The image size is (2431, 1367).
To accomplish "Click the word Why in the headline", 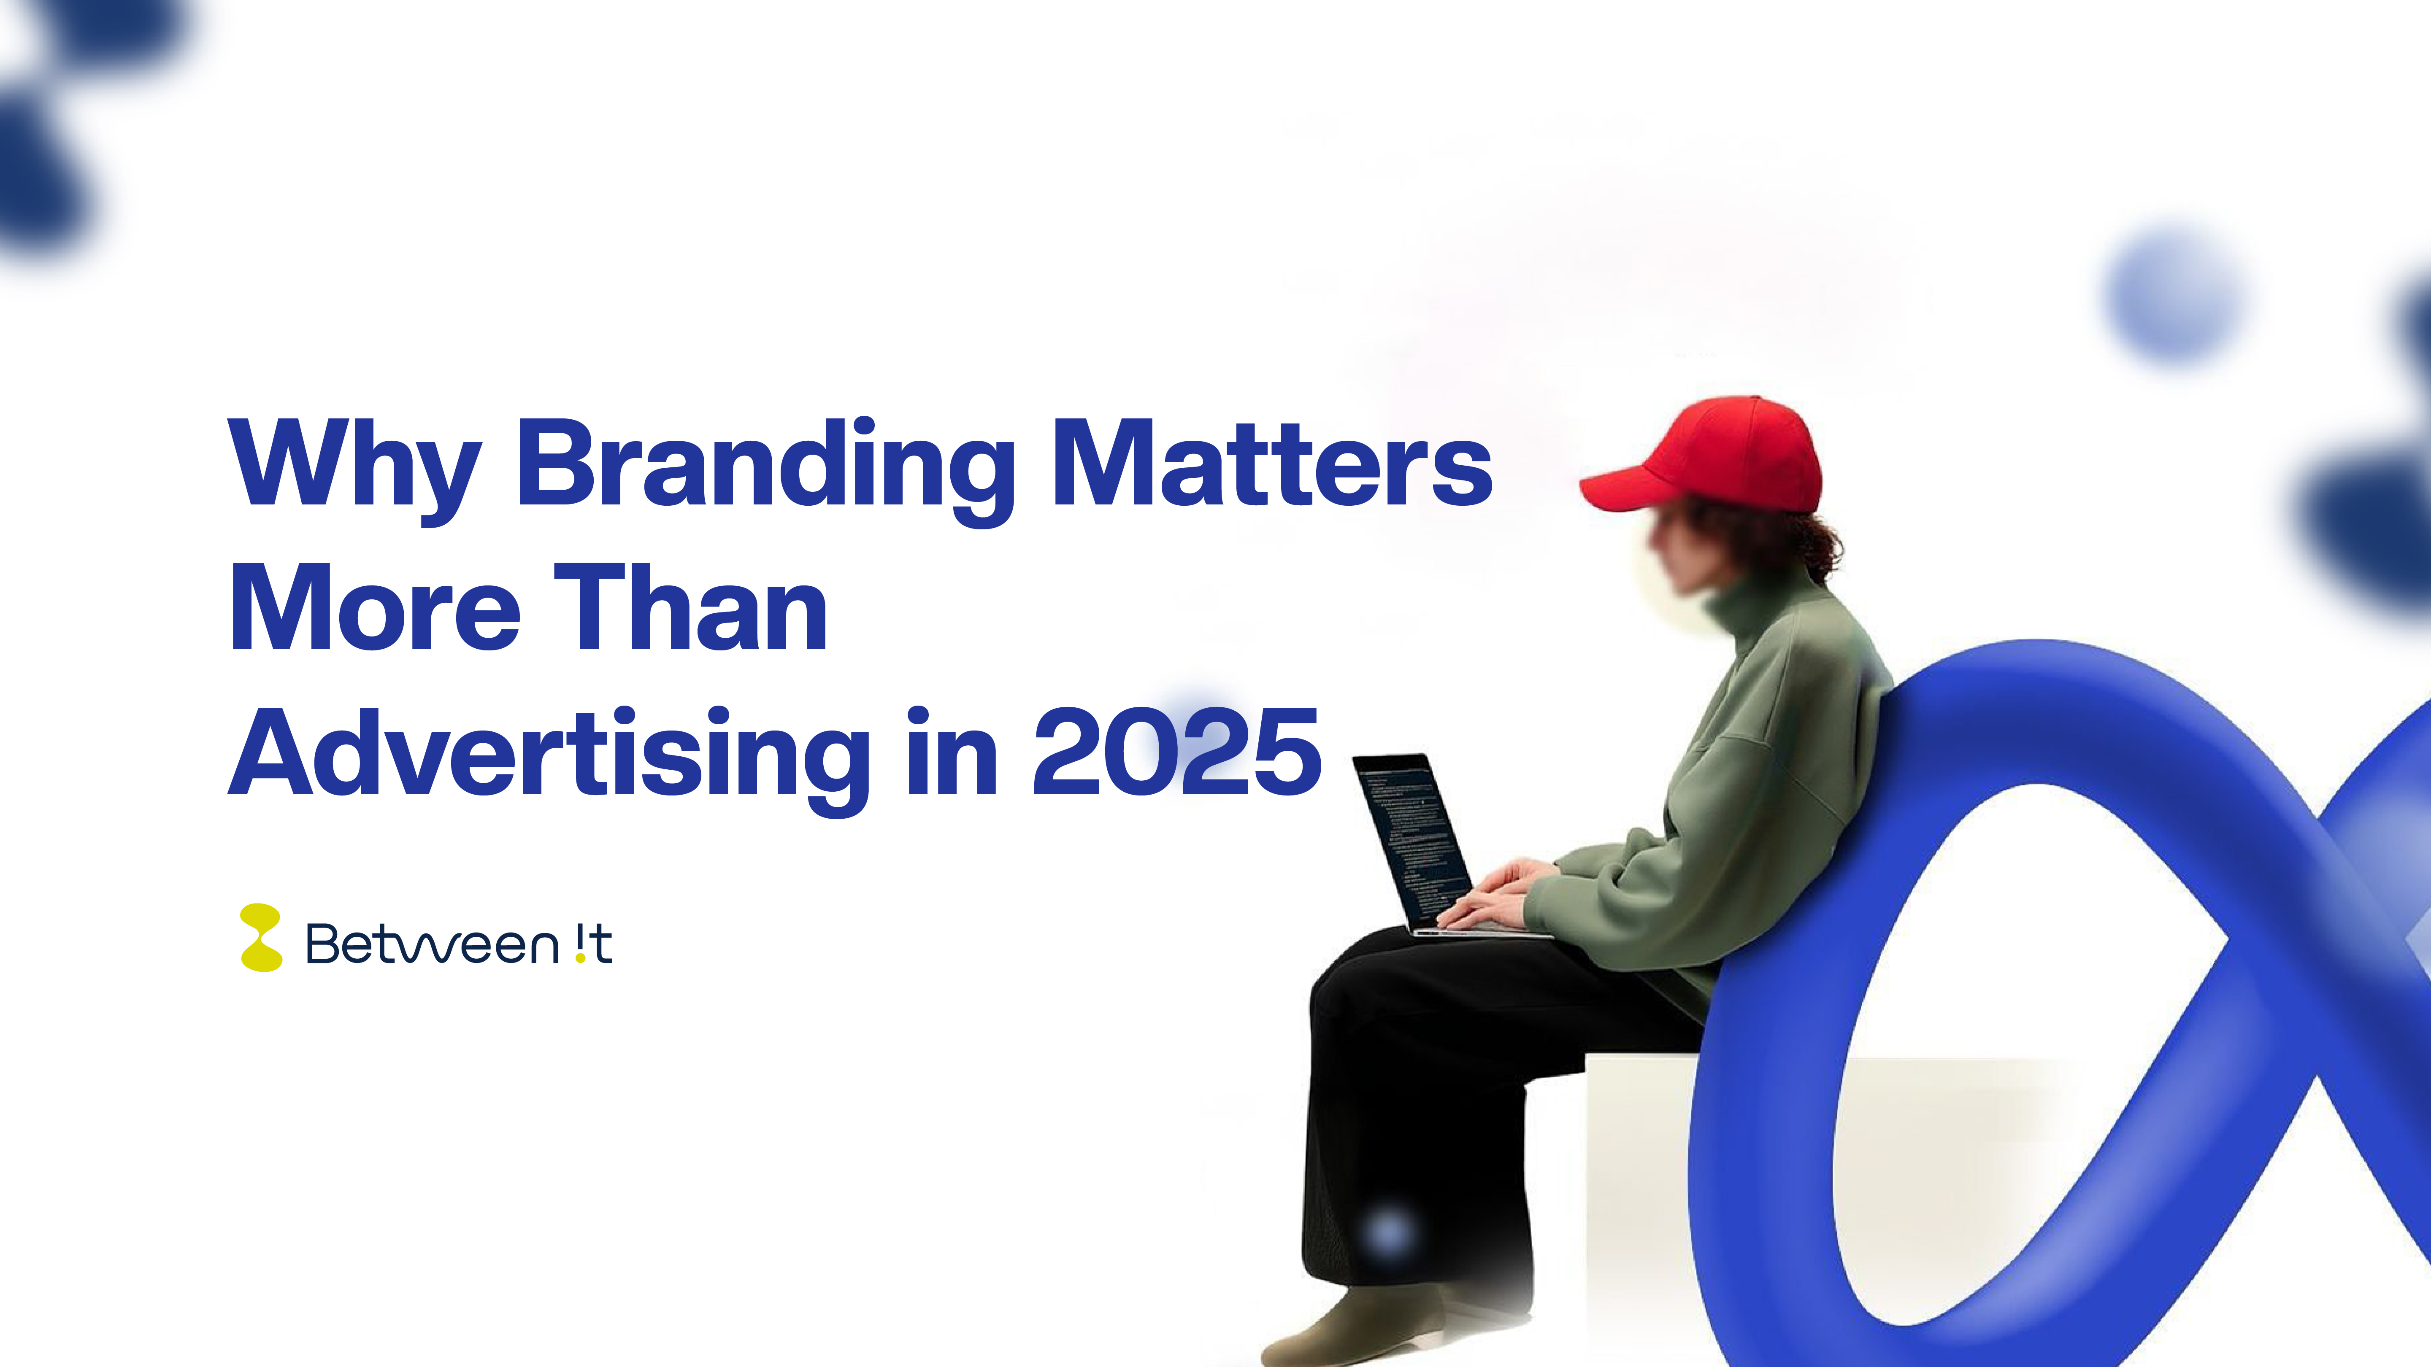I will point(354,467).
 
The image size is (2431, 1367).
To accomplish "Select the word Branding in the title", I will point(764,467).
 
